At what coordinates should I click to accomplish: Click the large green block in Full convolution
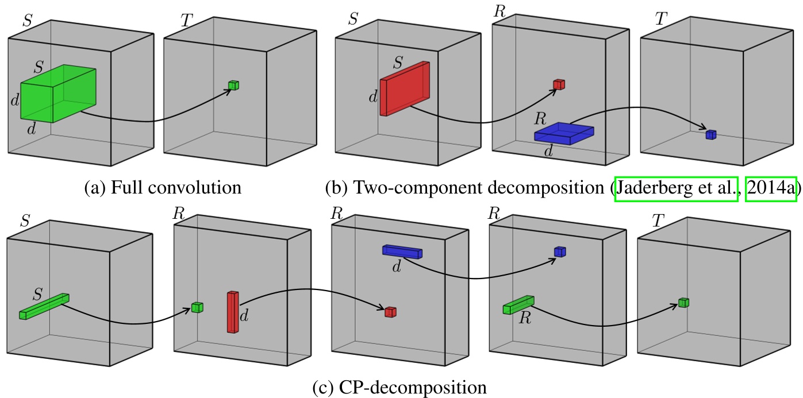click(58, 94)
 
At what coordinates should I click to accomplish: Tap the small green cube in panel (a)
click(233, 85)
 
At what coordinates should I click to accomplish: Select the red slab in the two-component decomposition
click(404, 88)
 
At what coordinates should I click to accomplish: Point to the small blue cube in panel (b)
click(712, 134)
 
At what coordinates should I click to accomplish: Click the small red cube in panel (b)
click(559, 84)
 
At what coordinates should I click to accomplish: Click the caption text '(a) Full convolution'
click(162, 188)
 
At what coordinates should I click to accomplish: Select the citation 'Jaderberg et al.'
click(676, 188)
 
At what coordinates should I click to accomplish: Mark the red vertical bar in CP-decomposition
click(232, 312)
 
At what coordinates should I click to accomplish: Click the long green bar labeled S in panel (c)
click(44, 307)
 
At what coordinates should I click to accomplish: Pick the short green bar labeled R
click(518, 304)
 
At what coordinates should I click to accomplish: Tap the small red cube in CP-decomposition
click(391, 312)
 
